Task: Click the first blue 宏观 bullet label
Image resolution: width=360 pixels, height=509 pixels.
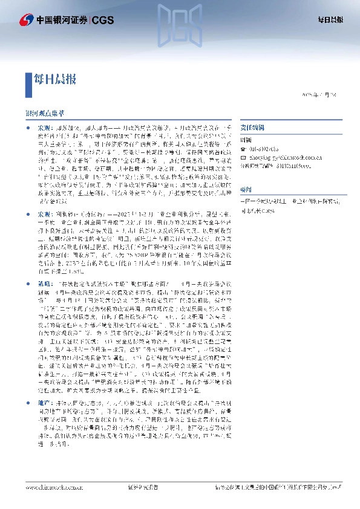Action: pyautogui.click(x=45, y=129)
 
